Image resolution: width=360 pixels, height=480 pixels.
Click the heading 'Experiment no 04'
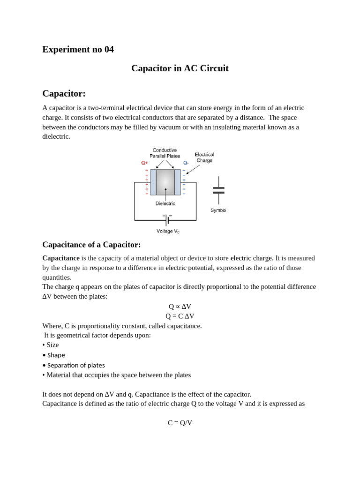pos(78,49)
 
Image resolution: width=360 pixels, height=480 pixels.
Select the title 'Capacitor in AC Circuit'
pos(180,68)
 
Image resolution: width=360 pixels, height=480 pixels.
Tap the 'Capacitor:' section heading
pos(64,93)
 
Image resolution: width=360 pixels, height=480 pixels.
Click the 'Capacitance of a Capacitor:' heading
pos(91,244)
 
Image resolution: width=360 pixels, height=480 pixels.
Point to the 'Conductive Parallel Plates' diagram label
pos(165,153)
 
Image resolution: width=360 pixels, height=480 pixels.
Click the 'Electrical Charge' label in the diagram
pos(204,157)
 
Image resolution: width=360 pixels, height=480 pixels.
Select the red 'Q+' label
pos(144,163)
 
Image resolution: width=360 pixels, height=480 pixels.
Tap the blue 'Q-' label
pos(186,163)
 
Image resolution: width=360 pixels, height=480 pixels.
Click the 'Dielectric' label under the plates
pos(165,203)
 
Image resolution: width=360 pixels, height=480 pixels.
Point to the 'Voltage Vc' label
pos(168,231)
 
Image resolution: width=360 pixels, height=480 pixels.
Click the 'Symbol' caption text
pos(218,210)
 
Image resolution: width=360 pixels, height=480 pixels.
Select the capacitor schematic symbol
pos(218,190)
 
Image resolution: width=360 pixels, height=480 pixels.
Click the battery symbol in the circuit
pos(167,220)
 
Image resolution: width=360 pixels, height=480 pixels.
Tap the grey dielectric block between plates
pos(165,182)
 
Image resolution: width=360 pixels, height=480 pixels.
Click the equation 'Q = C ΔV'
pos(180,316)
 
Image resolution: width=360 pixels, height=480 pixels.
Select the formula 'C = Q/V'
pos(180,423)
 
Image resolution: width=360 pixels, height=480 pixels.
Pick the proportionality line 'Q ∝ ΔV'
pos(180,307)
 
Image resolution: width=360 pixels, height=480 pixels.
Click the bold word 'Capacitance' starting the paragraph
pos(61,258)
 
